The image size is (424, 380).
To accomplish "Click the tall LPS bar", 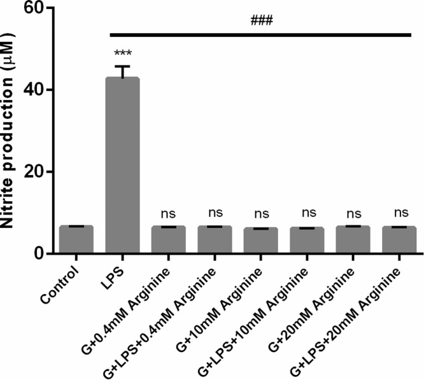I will [x=122, y=165].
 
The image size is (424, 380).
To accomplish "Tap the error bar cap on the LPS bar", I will [x=122, y=66].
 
